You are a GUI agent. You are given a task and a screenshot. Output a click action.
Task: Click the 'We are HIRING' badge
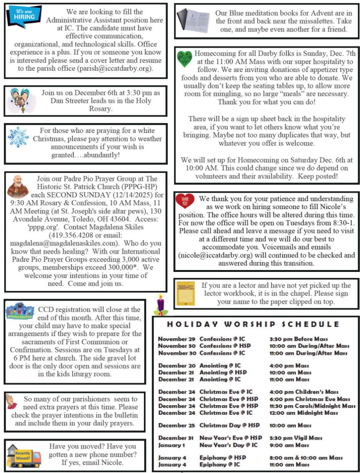(x=24, y=16)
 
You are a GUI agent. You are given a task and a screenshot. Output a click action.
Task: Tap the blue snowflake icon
(x=18, y=137)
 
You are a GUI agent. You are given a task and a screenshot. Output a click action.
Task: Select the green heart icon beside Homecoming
(x=185, y=60)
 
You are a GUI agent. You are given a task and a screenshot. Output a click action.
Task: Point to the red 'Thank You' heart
(x=185, y=201)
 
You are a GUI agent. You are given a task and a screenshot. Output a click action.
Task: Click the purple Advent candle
(x=160, y=305)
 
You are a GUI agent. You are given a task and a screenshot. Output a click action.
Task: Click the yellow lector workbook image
(x=185, y=293)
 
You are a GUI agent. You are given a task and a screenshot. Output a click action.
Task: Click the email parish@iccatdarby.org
(x=115, y=69)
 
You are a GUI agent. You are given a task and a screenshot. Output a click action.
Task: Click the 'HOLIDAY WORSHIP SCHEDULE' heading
(x=253, y=324)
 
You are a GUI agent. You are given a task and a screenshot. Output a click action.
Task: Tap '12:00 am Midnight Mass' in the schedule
(x=304, y=413)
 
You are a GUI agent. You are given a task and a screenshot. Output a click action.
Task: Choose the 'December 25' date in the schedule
(x=177, y=426)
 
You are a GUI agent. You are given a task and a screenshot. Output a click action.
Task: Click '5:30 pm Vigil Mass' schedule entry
(x=296, y=438)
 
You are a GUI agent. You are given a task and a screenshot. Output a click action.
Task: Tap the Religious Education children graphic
(x=20, y=310)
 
